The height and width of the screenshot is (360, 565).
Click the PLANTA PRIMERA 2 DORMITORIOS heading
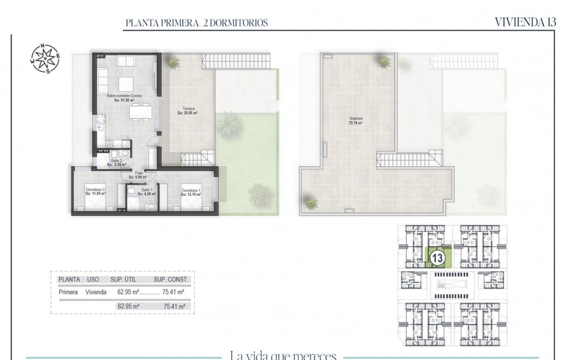coord(196,23)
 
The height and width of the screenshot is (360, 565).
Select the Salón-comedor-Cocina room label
coord(124,98)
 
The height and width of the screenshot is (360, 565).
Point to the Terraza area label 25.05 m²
coord(187,110)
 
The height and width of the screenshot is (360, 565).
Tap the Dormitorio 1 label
coord(190,192)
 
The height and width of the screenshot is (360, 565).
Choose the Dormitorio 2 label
coord(96,192)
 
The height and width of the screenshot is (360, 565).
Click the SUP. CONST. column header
coord(171,280)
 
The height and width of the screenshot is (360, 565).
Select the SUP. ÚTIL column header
coord(125,280)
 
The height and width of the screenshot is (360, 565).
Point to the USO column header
coord(93,280)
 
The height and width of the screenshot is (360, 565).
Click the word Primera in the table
coord(69,292)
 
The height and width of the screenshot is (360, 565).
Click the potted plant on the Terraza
coord(173,62)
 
